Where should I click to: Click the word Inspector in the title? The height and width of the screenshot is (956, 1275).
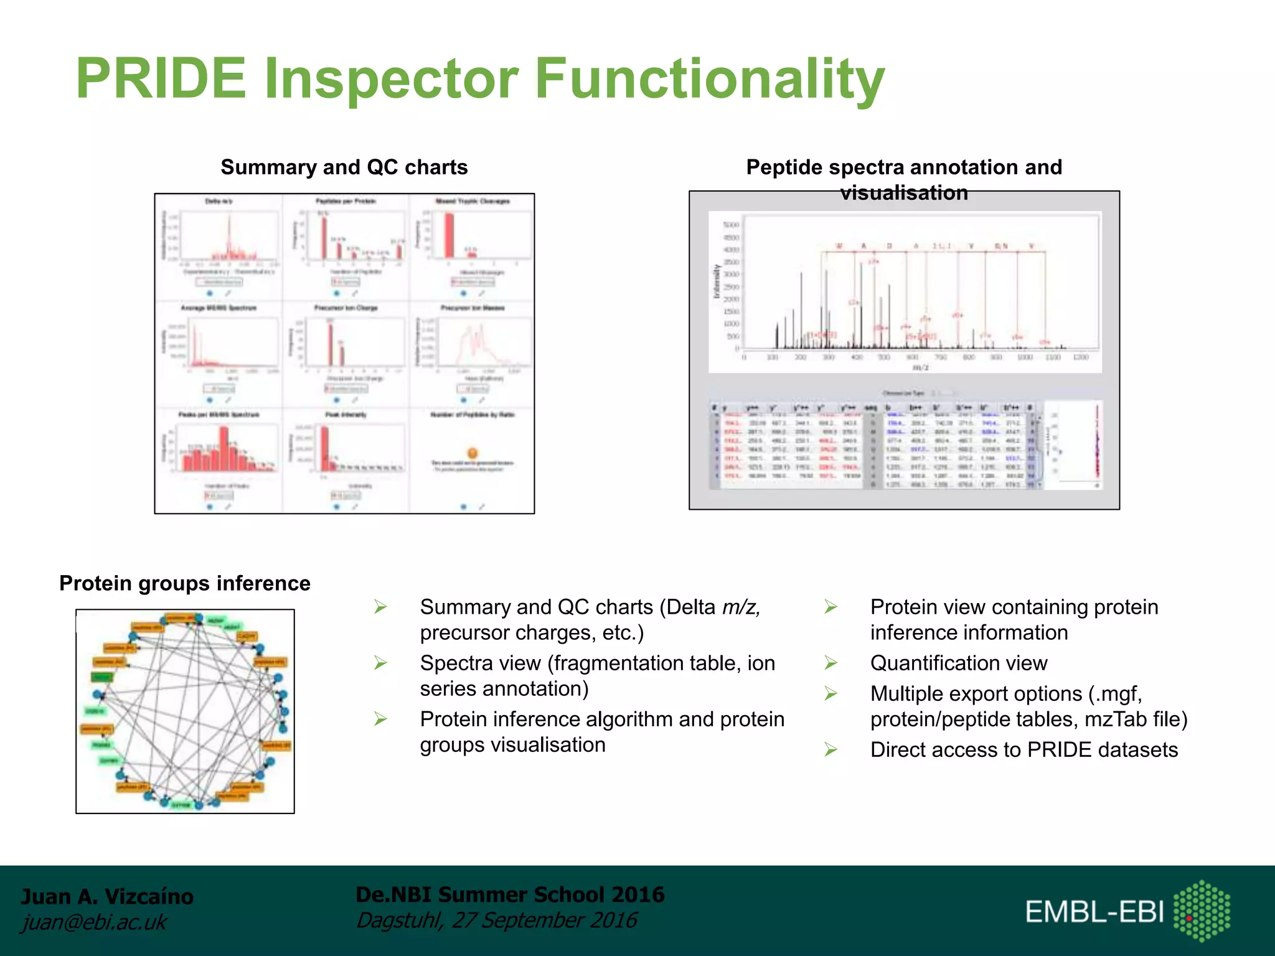tap(391, 79)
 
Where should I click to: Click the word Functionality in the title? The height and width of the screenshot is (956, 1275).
tap(709, 79)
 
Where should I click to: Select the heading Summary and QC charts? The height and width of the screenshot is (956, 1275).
tap(344, 167)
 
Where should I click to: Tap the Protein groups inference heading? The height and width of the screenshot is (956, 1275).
tap(185, 583)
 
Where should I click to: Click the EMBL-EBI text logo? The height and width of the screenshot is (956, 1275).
tap(1094, 912)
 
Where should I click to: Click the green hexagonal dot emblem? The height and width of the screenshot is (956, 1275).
tap(1202, 911)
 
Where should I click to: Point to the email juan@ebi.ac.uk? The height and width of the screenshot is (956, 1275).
tap(94, 922)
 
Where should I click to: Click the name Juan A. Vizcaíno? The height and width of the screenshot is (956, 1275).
tap(107, 896)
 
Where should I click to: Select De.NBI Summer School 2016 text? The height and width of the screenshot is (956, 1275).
tap(510, 894)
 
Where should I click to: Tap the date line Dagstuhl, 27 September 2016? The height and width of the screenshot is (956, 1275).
tap(496, 920)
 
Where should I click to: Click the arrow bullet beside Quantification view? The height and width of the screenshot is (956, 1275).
tap(831, 663)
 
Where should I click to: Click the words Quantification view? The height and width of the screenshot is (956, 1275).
tap(959, 663)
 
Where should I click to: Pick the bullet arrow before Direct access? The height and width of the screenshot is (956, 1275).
tap(831, 749)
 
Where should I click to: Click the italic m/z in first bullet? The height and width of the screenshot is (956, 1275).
tap(741, 607)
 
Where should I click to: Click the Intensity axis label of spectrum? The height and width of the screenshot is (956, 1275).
tap(717, 281)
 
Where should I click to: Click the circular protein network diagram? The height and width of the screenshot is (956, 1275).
tap(185, 711)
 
